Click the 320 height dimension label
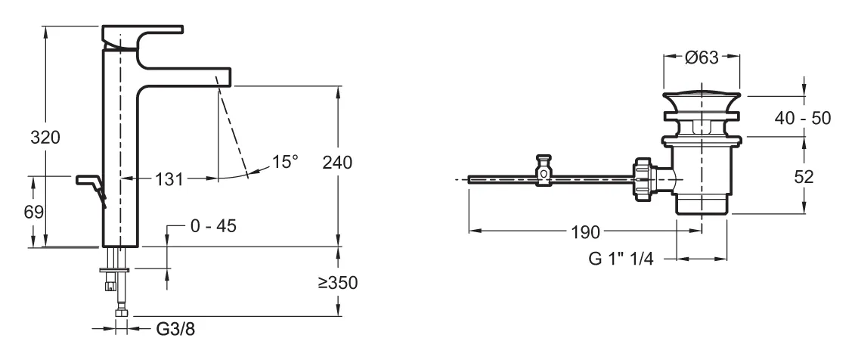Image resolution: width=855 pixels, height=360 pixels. coord(45,138)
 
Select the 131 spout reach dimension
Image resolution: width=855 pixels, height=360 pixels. coord(169,178)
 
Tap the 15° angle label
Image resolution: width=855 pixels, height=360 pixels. coord(286,161)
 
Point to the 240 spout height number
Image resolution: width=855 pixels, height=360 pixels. coord(337,162)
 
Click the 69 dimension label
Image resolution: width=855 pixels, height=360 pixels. coord(34,212)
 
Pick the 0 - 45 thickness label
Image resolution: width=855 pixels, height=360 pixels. coord(213,226)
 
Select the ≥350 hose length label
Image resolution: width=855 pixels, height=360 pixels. coord(338,283)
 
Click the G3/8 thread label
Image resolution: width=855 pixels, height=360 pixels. coord(175,329)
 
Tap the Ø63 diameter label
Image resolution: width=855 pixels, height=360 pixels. coord(702,57)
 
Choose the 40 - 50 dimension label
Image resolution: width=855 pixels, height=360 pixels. coord(804,118)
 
